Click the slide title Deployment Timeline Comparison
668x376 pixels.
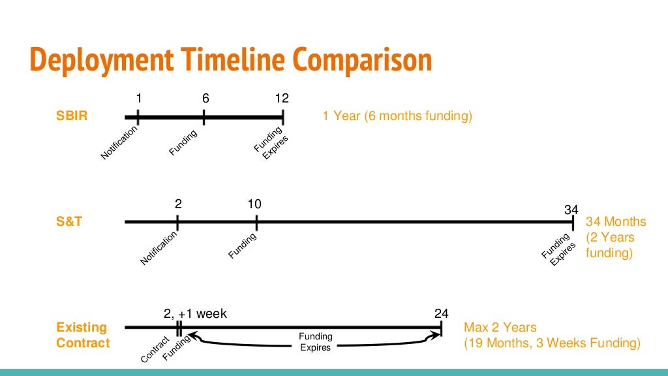(x=231, y=60)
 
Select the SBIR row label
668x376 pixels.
(x=72, y=117)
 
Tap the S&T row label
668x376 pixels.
(x=69, y=221)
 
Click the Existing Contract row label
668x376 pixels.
(x=82, y=335)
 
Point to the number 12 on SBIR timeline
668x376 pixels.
(x=282, y=99)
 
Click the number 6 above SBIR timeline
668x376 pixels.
(x=205, y=99)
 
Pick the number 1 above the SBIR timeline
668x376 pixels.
(x=138, y=99)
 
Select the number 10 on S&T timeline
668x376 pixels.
(x=254, y=204)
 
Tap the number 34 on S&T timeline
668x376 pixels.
(x=571, y=210)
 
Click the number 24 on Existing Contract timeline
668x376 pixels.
(x=442, y=314)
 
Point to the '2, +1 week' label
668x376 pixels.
(x=195, y=314)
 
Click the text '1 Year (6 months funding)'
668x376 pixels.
(x=397, y=117)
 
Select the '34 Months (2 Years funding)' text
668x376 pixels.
(x=616, y=238)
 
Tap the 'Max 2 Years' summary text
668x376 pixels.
(x=500, y=327)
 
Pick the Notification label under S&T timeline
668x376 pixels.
(x=159, y=249)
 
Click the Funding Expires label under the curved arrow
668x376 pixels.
(x=316, y=342)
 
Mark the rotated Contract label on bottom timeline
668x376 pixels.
(x=155, y=350)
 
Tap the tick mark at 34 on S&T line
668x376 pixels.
(x=573, y=222)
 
